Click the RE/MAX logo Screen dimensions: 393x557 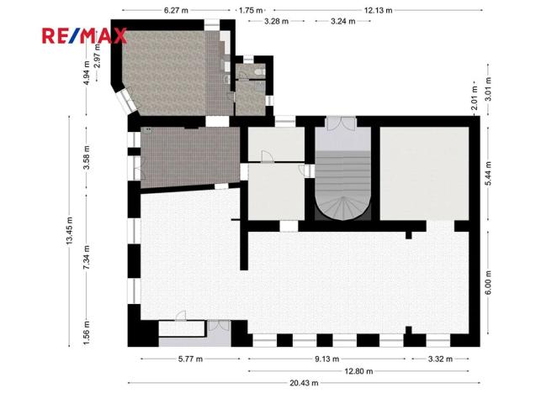pos(85,35)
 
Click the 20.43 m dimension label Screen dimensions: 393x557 pos(304,383)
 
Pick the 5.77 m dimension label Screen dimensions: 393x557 pos(190,359)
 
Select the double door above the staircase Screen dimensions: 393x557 pos(342,123)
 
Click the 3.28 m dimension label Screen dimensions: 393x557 pos(277,20)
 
